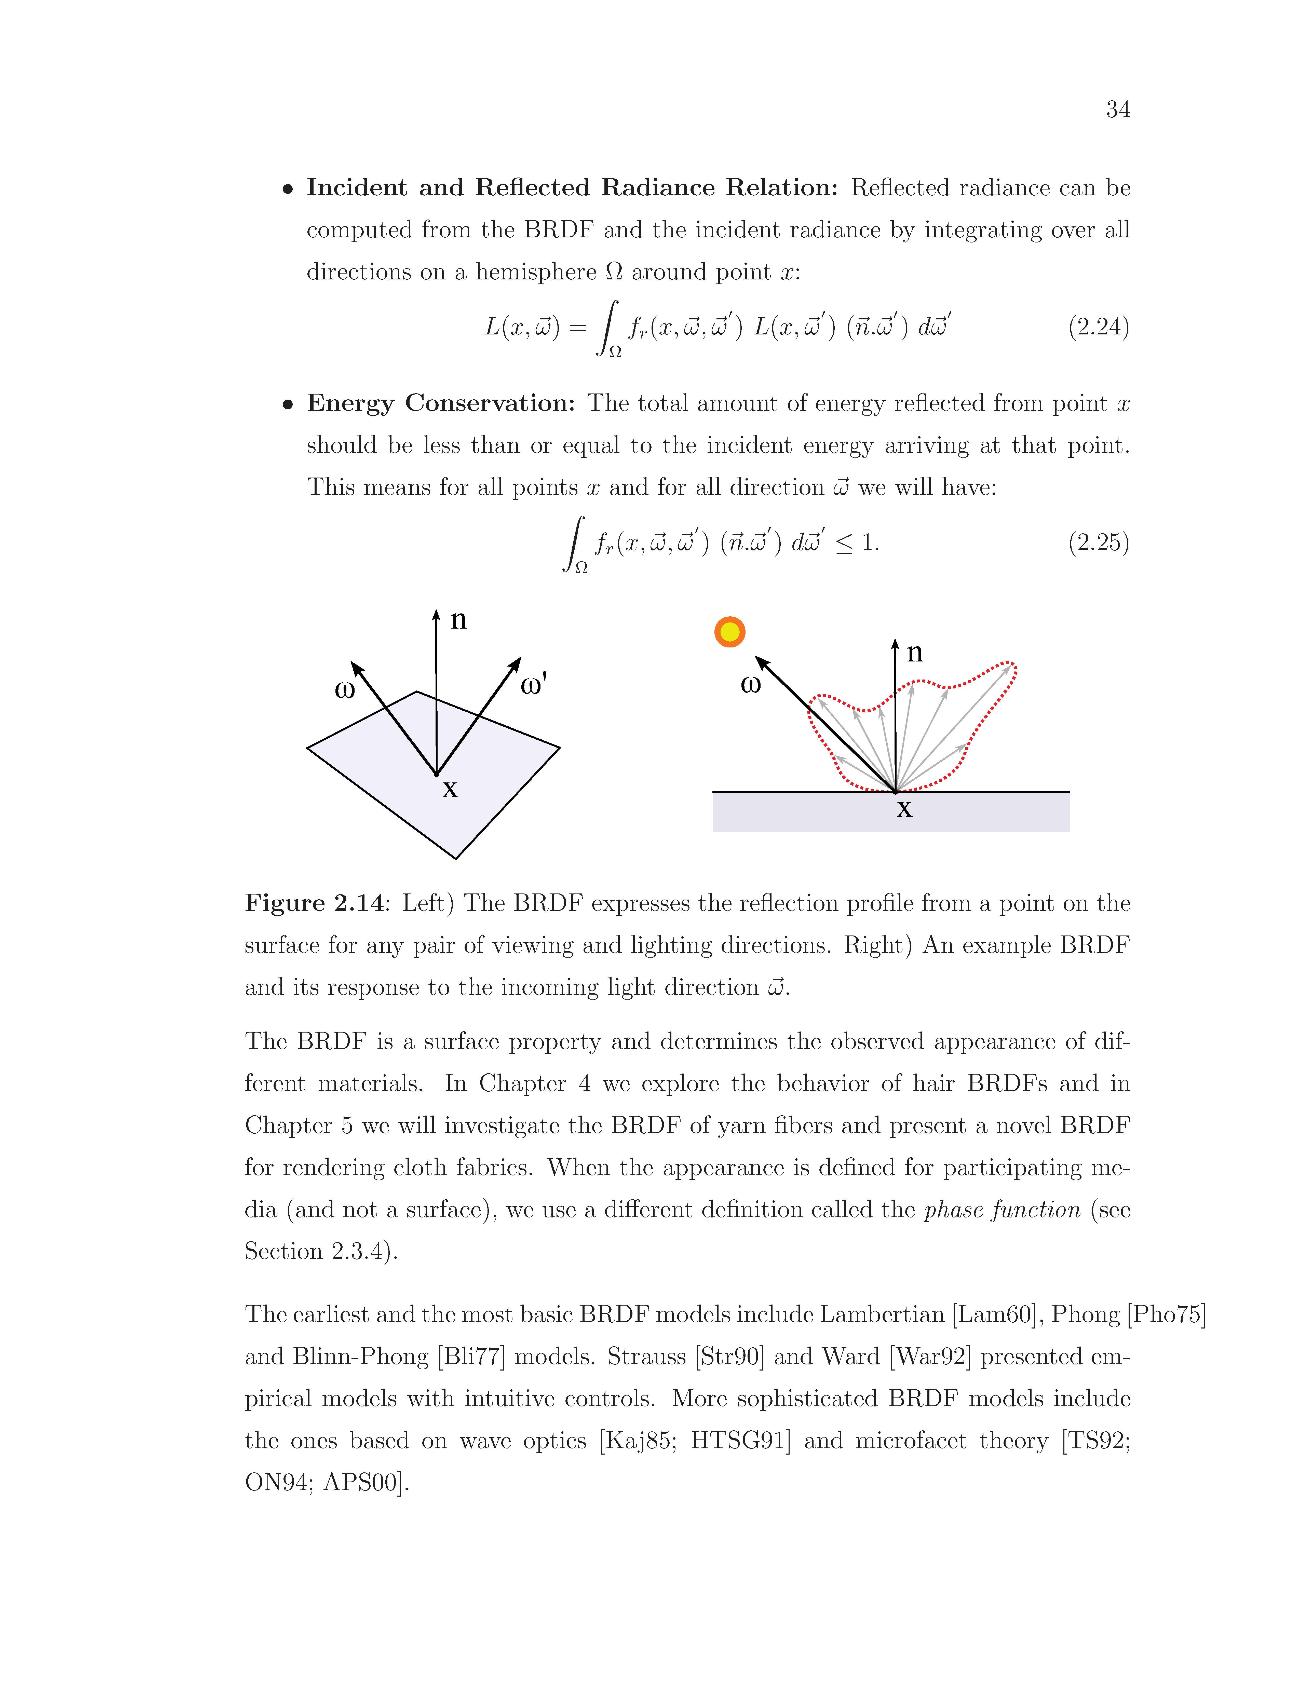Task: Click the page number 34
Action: tap(1117, 110)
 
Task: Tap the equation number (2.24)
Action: tap(1098, 327)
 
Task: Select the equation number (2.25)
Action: tap(1098, 543)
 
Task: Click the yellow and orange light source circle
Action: tap(729, 632)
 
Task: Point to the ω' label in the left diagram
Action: tap(534, 684)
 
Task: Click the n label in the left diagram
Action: tap(459, 620)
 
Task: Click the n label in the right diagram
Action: tap(914, 653)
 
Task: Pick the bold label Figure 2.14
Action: tap(314, 903)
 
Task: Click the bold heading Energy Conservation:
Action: tap(441, 403)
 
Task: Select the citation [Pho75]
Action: tap(1166, 1314)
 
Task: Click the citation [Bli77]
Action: tap(471, 1356)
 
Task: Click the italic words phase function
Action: tap(1002, 1210)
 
